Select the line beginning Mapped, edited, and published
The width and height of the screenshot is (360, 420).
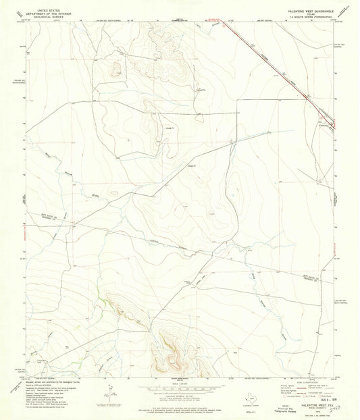[47, 382]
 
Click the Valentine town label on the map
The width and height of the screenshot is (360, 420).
[323, 126]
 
